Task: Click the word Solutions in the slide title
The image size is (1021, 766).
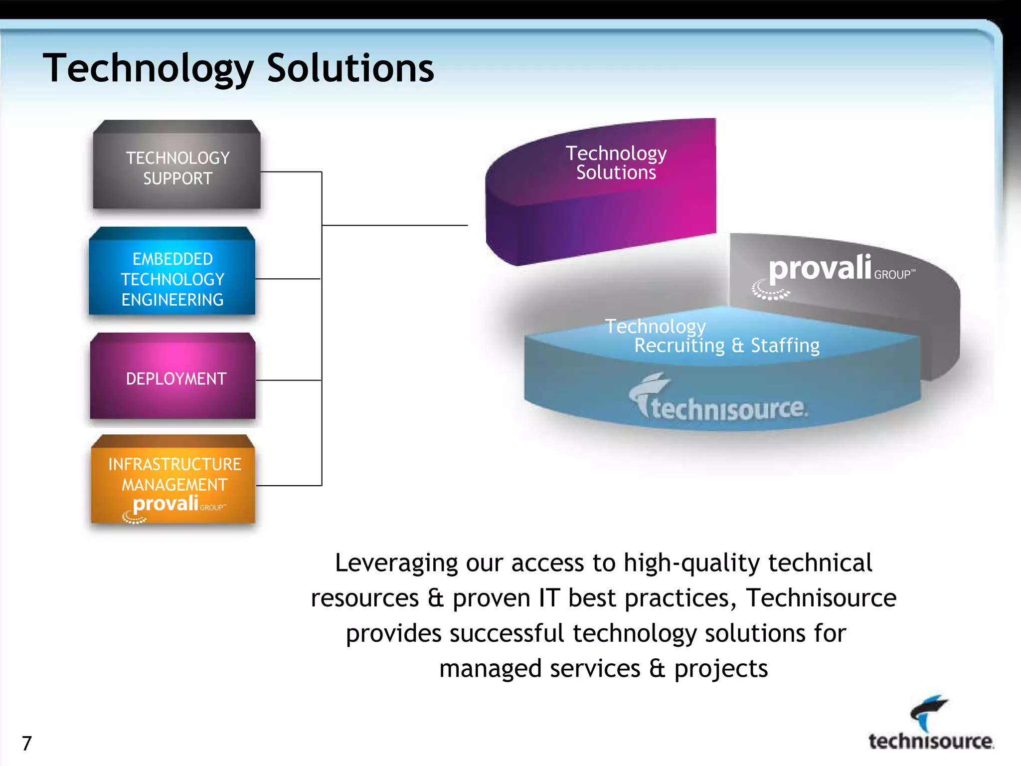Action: point(350,68)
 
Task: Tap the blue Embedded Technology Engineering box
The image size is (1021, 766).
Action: point(172,277)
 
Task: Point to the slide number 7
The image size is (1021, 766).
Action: point(27,743)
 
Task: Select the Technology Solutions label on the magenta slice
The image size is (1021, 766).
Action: point(616,163)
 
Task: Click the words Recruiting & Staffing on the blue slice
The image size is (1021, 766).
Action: point(726,346)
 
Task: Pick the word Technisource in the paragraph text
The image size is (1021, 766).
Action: point(821,598)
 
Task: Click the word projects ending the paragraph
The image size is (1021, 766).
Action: point(721,669)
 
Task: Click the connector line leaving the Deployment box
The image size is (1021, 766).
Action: point(288,381)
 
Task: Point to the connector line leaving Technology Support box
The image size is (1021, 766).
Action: point(291,172)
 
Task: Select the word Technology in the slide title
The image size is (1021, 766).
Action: point(148,68)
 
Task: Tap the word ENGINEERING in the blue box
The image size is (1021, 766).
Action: point(172,300)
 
